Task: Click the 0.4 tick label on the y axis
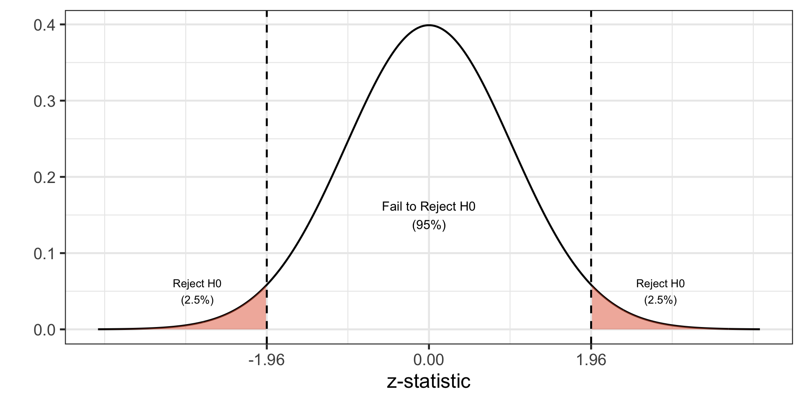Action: [44, 25]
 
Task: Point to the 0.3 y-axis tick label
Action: [44, 101]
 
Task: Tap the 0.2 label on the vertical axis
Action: [44, 177]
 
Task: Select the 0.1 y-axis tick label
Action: [44, 253]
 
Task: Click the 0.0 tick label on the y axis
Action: [44, 330]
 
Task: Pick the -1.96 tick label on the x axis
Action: [266, 360]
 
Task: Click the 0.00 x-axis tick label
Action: [429, 360]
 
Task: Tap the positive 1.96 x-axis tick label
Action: [591, 360]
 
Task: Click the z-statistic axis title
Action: [429, 381]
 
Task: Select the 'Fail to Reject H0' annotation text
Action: [429, 207]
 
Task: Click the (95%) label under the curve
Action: [429, 225]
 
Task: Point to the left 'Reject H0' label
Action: [197, 283]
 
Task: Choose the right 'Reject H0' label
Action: [660, 283]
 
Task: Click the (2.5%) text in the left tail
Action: [197, 300]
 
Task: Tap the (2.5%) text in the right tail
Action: [660, 300]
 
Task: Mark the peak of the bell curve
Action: [429, 25]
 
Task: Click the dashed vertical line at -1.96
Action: [266, 126]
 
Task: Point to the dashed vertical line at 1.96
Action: [591, 126]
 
